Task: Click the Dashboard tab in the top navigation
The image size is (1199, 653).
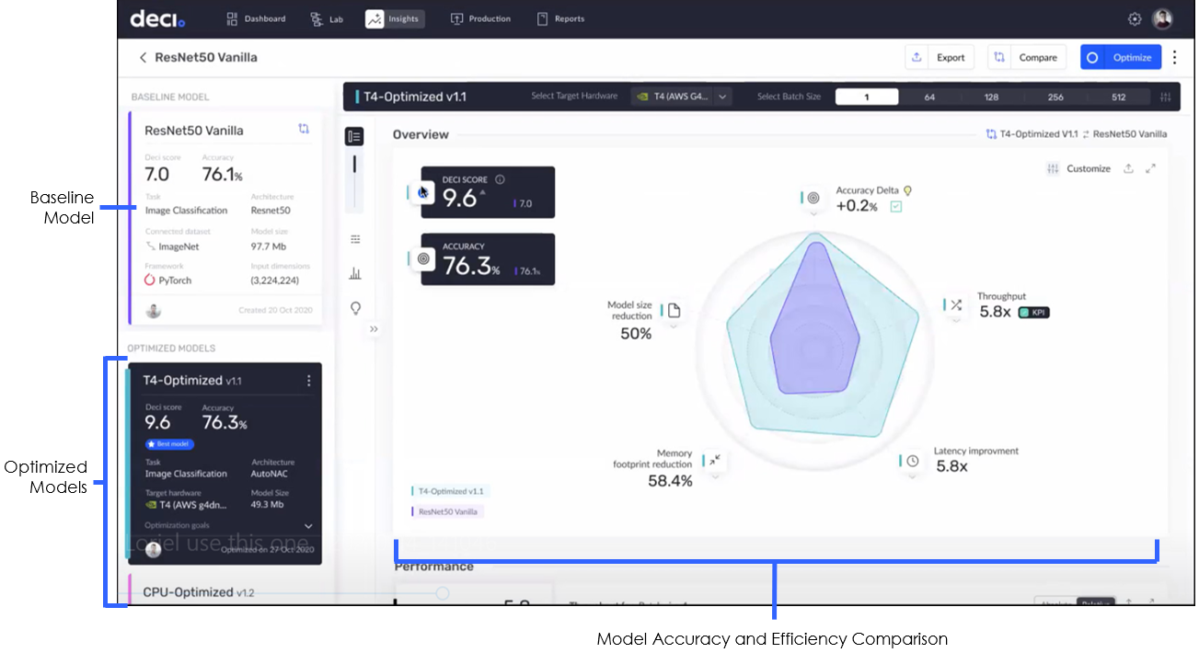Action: (x=256, y=18)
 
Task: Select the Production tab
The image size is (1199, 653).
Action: (x=480, y=18)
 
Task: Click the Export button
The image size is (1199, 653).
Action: (x=940, y=57)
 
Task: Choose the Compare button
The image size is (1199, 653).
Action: (x=1027, y=57)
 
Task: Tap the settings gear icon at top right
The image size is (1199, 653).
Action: (x=1135, y=18)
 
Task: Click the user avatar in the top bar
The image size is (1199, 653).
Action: (x=1163, y=18)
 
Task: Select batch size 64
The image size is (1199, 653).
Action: (x=929, y=97)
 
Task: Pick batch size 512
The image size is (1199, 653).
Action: (x=1118, y=97)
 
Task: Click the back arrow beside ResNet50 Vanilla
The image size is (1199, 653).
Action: (x=143, y=57)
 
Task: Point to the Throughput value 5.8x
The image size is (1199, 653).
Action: (x=995, y=312)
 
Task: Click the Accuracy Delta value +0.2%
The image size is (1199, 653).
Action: (x=856, y=206)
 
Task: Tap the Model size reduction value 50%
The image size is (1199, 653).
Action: (x=636, y=333)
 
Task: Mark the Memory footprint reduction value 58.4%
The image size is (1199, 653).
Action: (x=670, y=480)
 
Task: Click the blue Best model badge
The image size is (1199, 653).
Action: (x=169, y=443)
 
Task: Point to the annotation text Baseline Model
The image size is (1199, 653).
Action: (x=63, y=207)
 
